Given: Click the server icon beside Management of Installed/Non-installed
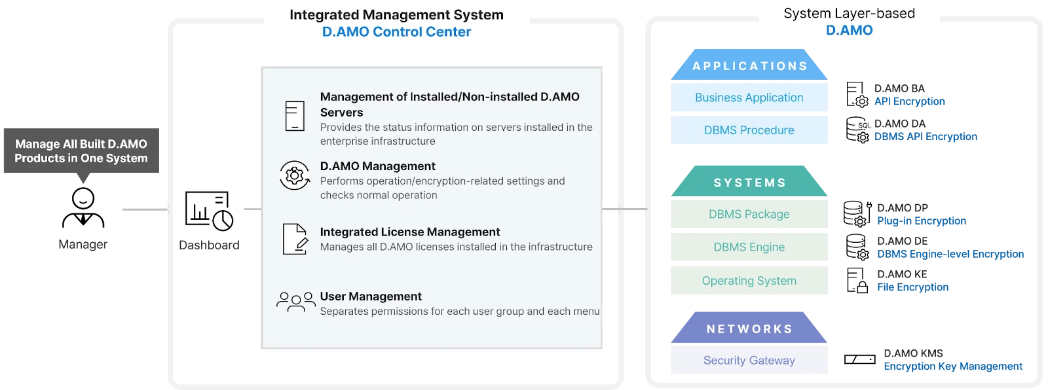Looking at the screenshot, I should tap(295, 116).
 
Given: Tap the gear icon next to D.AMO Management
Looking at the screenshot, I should tap(295, 175).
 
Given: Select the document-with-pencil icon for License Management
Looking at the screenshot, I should tap(295, 239).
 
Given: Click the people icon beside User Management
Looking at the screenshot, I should tap(295, 302).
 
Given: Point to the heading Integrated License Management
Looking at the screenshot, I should tap(409, 232).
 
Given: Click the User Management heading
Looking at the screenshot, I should tap(371, 296).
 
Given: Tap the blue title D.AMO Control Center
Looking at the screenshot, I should tap(396, 32).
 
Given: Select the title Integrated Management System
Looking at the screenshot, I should tap(396, 14).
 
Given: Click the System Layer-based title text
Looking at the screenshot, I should tap(849, 13).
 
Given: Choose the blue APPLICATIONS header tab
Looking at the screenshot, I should tap(749, 66).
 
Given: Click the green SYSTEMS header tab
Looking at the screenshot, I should tap(749, 183).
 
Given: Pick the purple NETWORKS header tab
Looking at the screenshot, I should tap(749, 329).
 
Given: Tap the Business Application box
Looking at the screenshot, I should tap(749, 97).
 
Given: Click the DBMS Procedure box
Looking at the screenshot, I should tap(749, 130).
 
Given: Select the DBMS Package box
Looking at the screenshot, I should tap(749, 214).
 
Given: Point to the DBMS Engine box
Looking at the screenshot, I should tap(749, 247).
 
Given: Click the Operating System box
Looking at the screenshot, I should tap(749, 281).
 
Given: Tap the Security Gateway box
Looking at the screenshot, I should tap(749, 361).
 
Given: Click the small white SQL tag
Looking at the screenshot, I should tap(864, 125).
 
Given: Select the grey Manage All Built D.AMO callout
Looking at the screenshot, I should tap(81, 151).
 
